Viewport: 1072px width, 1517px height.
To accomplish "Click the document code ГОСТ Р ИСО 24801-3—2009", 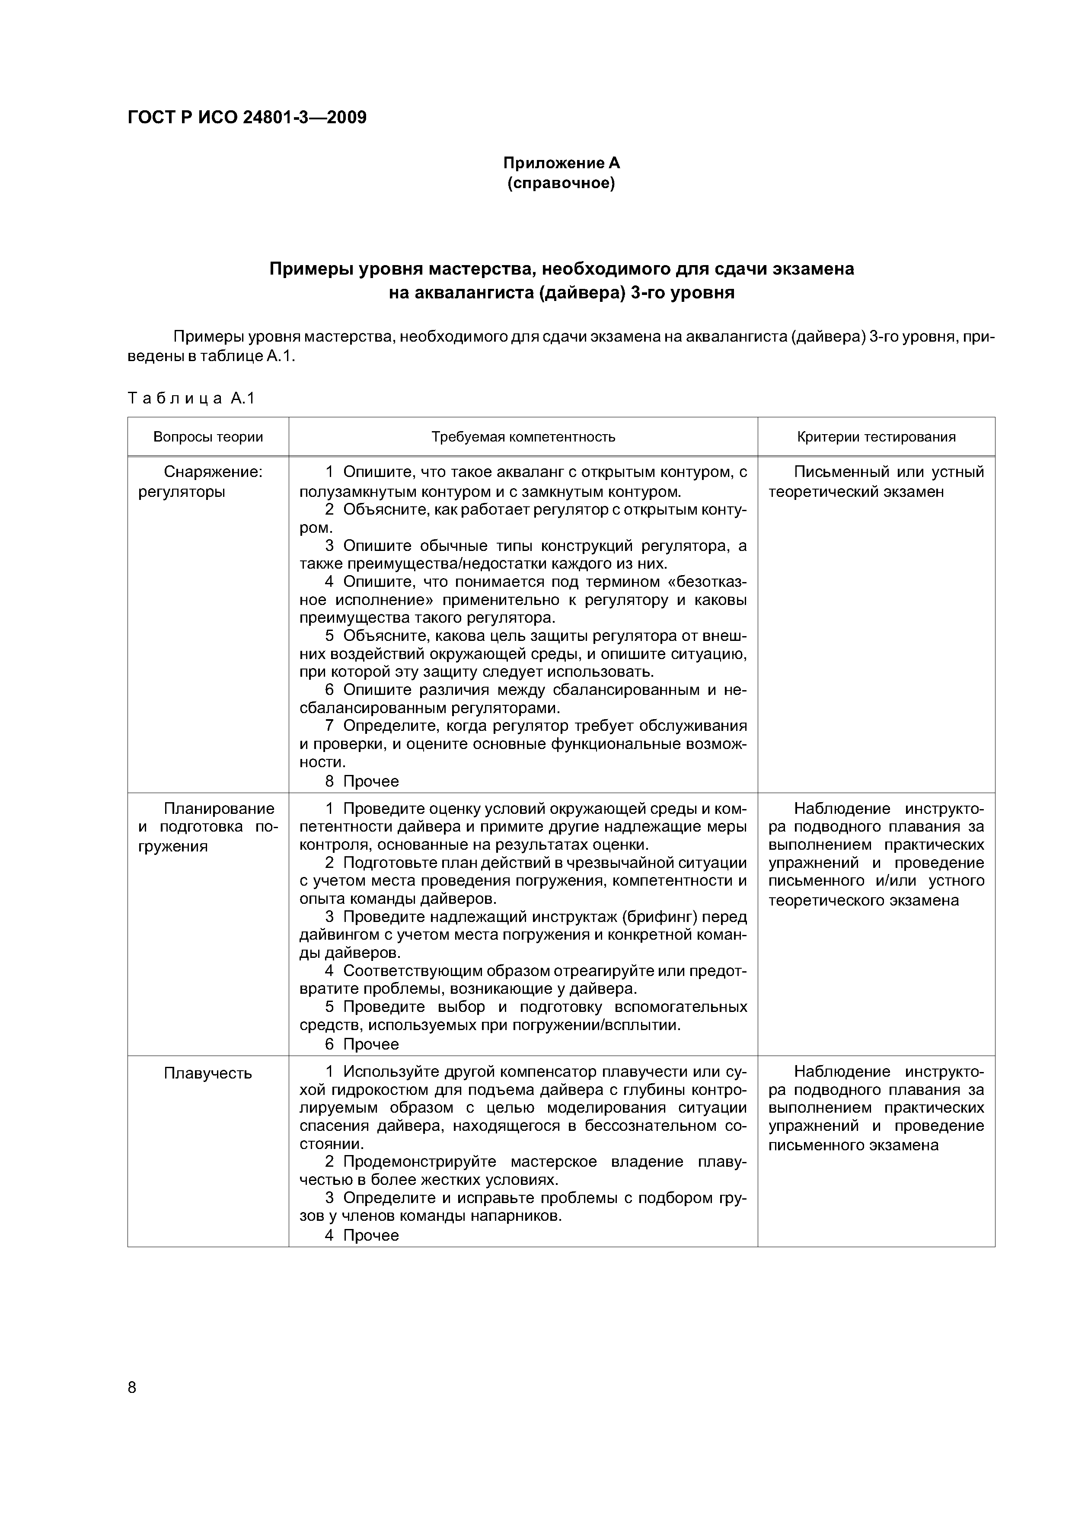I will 246,118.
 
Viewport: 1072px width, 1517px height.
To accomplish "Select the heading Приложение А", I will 562,163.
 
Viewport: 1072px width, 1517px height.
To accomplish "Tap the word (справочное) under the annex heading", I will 562,183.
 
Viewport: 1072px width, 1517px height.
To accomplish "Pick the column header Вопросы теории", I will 208,437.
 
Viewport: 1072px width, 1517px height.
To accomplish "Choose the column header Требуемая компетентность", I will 523,437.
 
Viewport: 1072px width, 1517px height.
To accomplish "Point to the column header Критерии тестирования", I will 876,437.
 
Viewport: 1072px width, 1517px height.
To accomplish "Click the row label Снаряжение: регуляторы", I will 208,482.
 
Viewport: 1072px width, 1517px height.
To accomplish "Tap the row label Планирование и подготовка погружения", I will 208,827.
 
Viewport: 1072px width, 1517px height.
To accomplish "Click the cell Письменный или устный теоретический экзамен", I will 876,482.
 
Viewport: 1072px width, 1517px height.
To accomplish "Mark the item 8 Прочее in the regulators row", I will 362,781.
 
